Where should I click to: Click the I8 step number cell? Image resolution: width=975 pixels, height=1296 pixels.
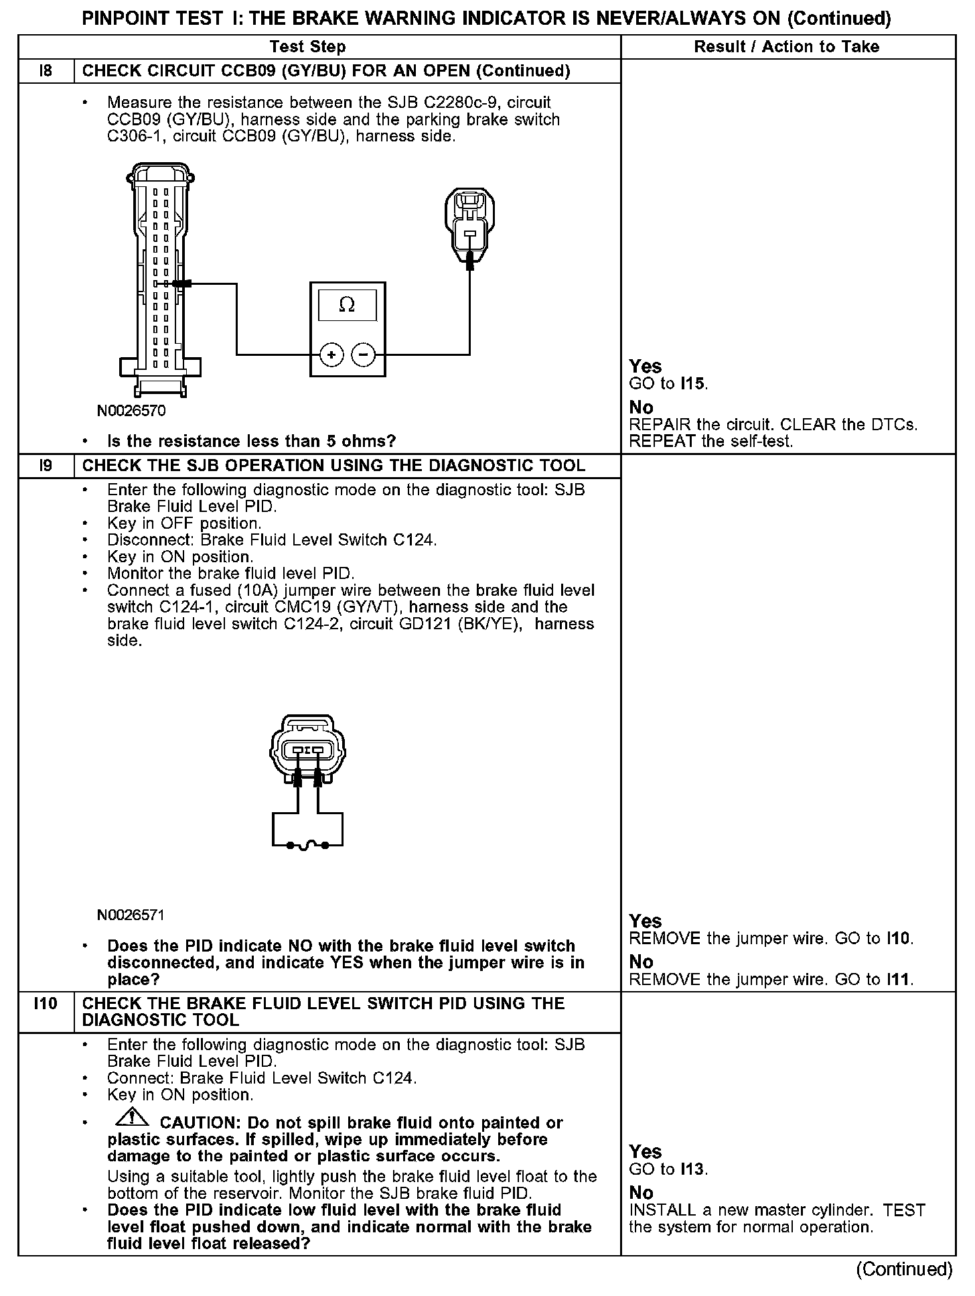pos(46,71)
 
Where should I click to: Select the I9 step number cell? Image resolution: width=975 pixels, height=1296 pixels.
pos(46,465)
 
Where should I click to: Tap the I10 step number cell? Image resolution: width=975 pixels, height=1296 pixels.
pos(46,1003)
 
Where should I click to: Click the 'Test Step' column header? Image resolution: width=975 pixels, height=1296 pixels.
pos(308,46)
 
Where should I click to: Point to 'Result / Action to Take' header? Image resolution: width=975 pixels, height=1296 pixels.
pos(787,46)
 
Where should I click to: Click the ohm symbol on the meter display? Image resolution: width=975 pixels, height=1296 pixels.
pos(347,305)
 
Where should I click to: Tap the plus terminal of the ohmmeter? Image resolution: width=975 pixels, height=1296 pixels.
pos(331,354)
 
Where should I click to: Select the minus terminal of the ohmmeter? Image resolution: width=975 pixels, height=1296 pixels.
pos(363,354)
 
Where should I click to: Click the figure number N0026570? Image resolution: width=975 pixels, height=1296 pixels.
pos(131,411)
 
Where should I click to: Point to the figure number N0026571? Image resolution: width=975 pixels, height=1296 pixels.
pos(131,915)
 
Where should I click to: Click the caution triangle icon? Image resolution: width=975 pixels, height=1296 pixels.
pos(133,1117)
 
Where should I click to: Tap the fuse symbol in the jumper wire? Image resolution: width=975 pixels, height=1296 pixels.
pos(307,846)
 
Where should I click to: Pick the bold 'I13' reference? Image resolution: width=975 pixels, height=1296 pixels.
pos(693,1169)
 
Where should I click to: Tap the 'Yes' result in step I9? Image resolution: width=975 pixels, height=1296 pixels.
pos(645,921)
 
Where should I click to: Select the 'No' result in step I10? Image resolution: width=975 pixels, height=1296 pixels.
pos(641,1192)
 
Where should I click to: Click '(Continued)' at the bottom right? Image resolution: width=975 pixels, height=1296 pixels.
pos(904,1269)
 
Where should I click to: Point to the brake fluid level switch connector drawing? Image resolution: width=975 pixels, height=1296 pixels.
pos(307,751)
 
